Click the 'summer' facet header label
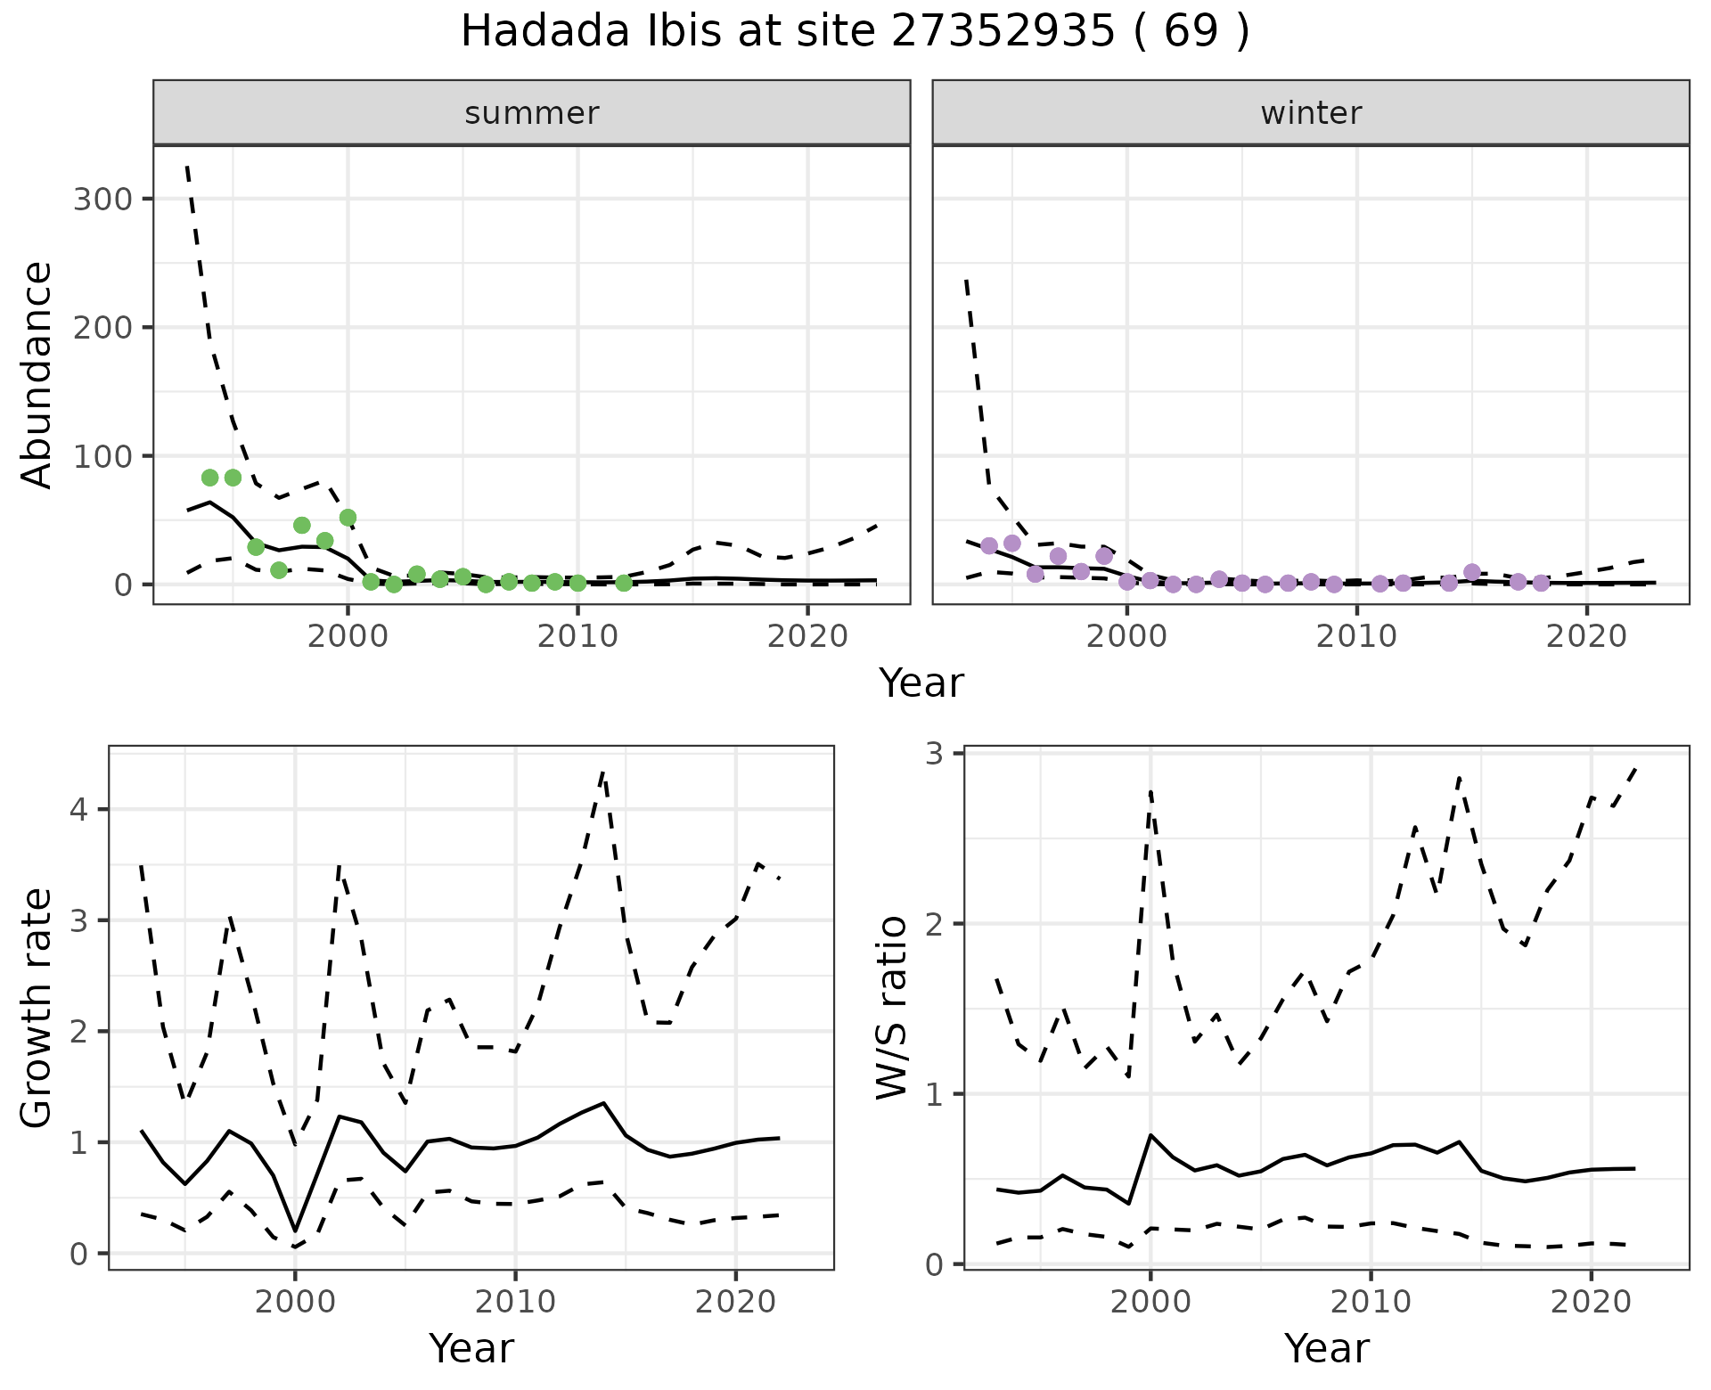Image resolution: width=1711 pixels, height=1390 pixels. [x=532, y=113]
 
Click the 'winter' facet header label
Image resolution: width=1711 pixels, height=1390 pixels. [x=1311, y=113]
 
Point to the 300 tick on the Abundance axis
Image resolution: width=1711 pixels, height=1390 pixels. [x=102, y=199]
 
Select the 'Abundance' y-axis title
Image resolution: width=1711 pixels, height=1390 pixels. [x=37, y=374]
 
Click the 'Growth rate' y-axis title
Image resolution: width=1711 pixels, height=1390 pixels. [x=37, y=1007]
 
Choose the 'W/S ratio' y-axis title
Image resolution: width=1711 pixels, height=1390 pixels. [x=892, y=1007]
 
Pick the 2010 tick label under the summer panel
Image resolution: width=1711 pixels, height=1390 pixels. [x=577, y=637]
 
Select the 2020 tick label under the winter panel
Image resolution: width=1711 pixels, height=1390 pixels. [x=1586, y=637]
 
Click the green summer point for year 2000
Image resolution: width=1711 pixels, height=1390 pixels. [x=348, y=518]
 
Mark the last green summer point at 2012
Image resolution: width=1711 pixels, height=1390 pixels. [x=624, y=583]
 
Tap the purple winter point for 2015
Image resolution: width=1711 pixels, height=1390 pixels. [x=1472, y=572]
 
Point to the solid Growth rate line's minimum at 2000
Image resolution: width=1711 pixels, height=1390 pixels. [x=295, y=1230]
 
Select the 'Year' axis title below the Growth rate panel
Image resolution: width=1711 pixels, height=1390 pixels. [x=471, y=1348]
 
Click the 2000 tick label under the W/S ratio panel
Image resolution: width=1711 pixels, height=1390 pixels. [x=1150, y=1302]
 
